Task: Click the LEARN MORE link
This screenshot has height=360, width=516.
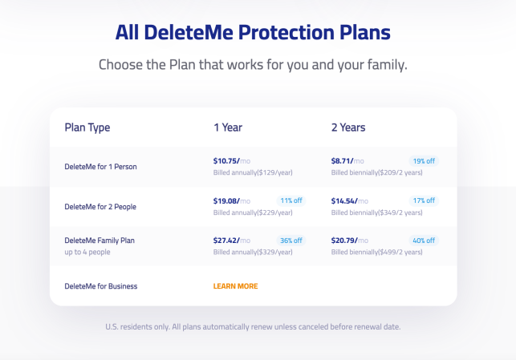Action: (235, 286)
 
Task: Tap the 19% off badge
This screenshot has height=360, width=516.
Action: (424, 161)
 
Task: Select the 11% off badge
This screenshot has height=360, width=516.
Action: (291, 200)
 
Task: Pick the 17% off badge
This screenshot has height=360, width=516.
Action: (424, 200)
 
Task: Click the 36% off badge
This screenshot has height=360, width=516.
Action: (291, 241)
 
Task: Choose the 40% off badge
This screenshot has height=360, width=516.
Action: (424, 241)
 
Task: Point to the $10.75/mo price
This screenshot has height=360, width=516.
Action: (232, 161)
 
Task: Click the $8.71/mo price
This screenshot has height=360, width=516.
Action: (347, 161)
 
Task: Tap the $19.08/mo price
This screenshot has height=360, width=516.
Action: (232, 201)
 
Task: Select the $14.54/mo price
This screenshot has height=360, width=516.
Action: (350, 201)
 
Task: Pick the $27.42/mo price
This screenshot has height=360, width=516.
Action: (232, 241)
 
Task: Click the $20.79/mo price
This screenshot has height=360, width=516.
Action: (350, 241)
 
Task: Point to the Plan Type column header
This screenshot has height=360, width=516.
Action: (87, 127)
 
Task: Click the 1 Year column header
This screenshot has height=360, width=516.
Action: (228, 127)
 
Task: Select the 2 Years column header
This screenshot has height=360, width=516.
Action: (348, 127)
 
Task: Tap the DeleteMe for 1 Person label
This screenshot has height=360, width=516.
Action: (100, 167)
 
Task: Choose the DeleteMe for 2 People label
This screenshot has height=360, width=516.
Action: (100, 207)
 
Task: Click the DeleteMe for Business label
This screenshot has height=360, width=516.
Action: (101, 286)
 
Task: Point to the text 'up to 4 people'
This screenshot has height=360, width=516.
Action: (87, 253)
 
